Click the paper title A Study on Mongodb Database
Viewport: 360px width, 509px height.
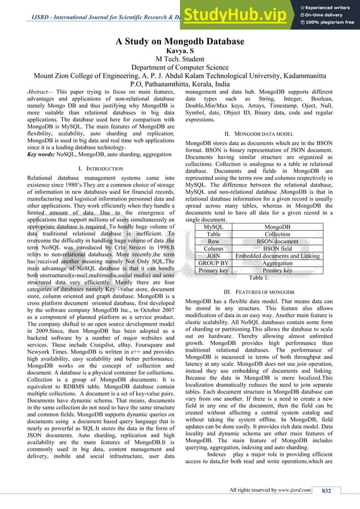pos(179,42)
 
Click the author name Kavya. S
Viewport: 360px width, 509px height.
pos(179,51)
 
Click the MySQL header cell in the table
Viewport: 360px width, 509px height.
pos(213,226)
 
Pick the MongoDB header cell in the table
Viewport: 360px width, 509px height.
pos(278,226)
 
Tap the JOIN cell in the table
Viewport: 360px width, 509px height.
pos(213,256)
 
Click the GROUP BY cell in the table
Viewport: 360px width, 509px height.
pos(213,263)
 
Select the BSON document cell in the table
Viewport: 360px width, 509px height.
pos(278,241)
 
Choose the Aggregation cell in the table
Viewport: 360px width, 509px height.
pos(278,263)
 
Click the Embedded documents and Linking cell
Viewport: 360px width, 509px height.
pos(278,256)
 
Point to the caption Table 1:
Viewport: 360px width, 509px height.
pos(254,277)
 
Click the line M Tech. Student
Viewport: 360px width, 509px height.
pos(179,61)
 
